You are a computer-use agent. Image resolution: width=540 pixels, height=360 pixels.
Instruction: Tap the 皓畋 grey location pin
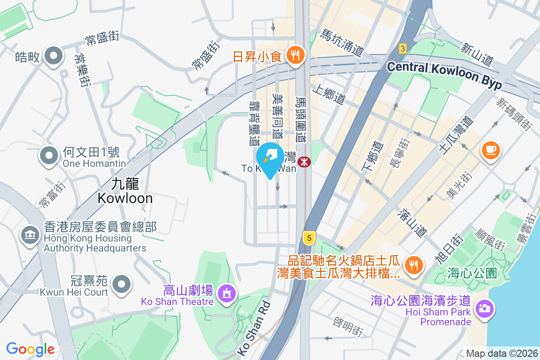[x=54, y=56]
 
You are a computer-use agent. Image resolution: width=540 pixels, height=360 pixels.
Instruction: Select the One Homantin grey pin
[x=50, y=156]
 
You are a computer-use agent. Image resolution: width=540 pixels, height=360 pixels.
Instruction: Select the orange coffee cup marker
[x=490, y=149]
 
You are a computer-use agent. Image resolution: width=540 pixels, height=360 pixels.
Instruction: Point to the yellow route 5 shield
[x=308, y=238]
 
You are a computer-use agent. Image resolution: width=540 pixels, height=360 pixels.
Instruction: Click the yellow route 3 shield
[x=403, y=48]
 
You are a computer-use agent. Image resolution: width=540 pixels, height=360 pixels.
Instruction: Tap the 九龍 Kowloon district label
[x=125, y=191]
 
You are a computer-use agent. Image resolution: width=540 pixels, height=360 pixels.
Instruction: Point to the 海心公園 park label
[x=472, y=273]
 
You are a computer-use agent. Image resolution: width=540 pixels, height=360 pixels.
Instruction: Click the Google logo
[x=30, y=349]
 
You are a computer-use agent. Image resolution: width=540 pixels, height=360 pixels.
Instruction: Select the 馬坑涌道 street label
[x=342, y=43]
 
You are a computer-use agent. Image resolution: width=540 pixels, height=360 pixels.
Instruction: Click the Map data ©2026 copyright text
[x=501, y=354]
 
